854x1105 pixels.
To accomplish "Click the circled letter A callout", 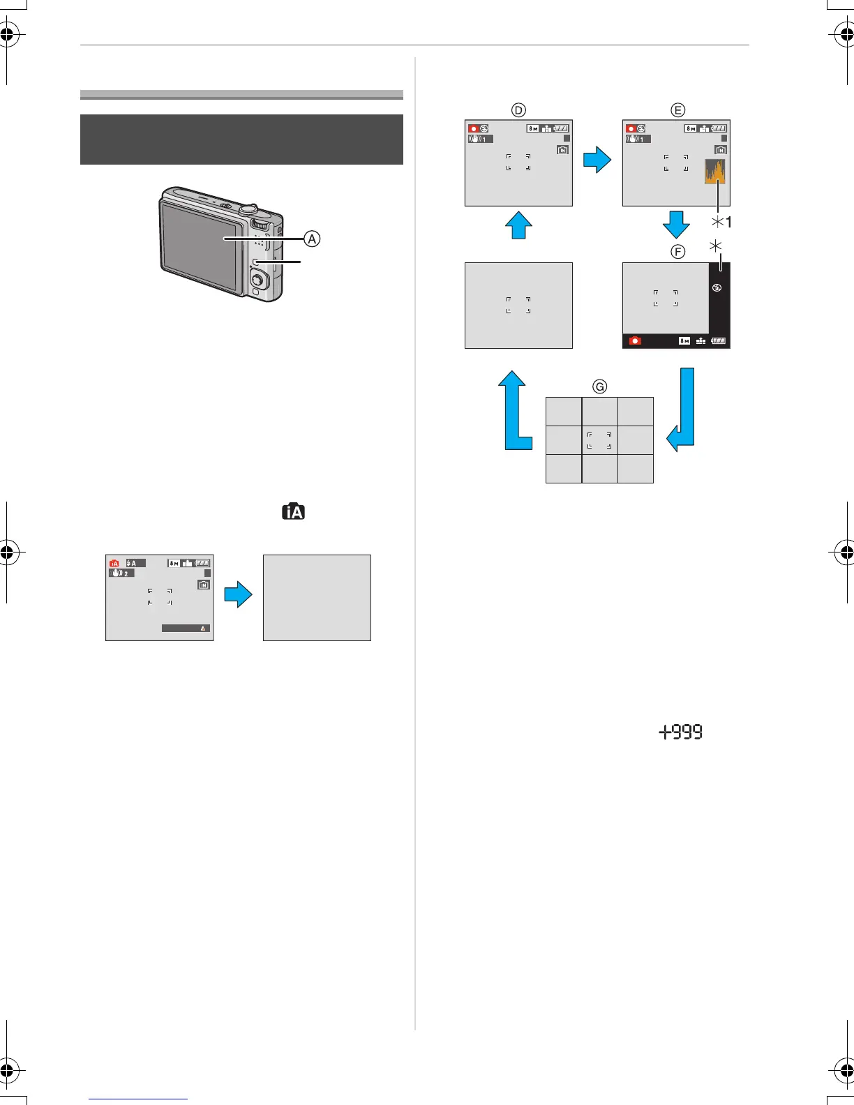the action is coord(312,239).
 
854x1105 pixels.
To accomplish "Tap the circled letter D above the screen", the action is coord(518,110).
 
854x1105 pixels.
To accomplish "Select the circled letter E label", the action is coord(677,110).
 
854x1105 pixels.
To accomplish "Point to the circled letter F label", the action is coord(677,252).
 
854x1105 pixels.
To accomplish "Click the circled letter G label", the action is coord(599,386).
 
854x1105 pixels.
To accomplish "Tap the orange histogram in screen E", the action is coord(715,172).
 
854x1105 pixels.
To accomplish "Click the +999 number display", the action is coord(681,732).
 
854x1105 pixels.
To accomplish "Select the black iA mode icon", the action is coord(294,512).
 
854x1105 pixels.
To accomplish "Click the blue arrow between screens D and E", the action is coord(597,161).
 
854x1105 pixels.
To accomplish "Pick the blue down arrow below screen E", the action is coord(675,225).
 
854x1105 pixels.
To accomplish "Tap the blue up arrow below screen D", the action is coord(518,225).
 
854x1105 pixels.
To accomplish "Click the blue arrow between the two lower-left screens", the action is coord(238,596).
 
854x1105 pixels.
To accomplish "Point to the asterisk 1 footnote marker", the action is coord(721,223).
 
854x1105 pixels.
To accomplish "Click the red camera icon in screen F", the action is coord(635,341).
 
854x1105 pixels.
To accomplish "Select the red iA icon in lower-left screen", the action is coord(114,564).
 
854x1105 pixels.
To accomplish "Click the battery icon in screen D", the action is coord(562,128).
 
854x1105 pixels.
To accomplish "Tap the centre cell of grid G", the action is coord(599,440).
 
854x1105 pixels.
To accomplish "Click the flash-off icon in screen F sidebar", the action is coord(717,288).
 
